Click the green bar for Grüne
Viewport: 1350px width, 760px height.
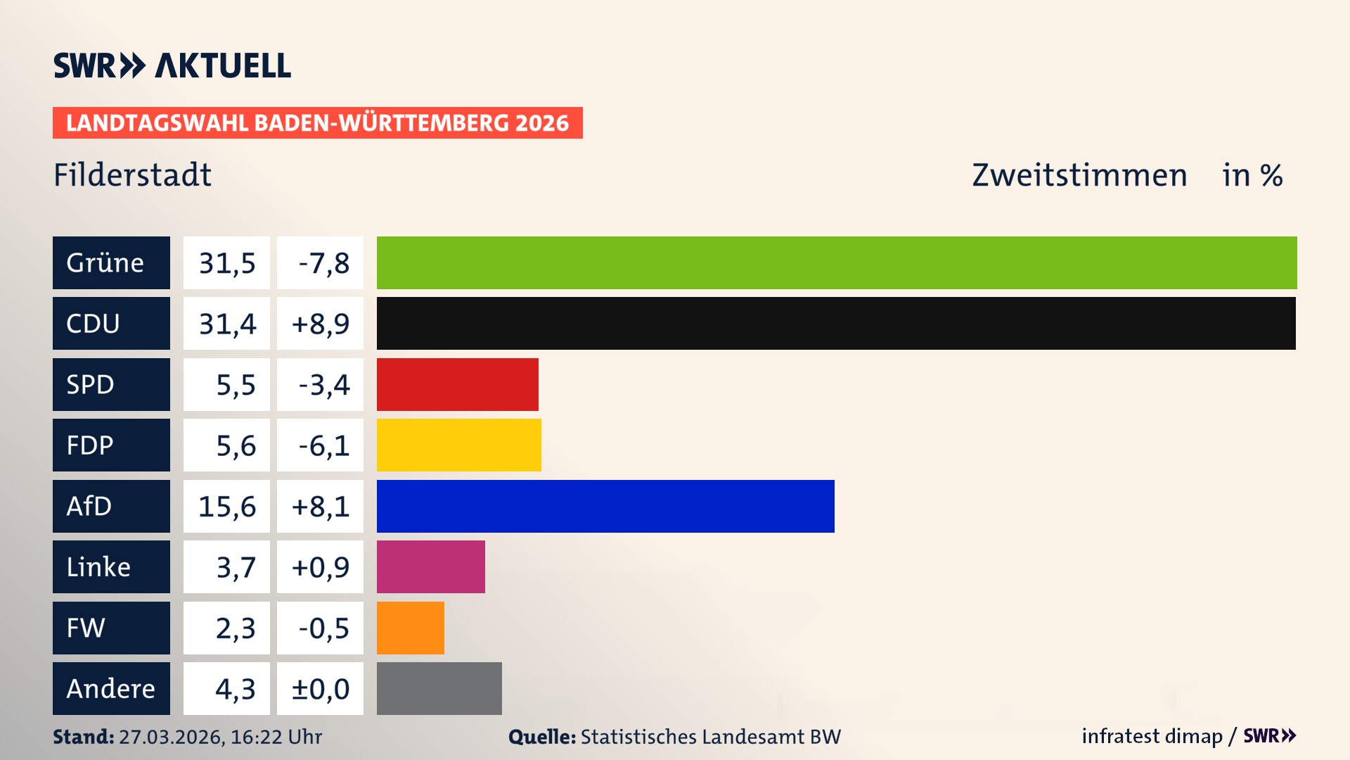[837, 262]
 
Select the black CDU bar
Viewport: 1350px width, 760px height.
[836, 323]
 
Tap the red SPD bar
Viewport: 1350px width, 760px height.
[457, 384]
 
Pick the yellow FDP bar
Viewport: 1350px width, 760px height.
[458, 445]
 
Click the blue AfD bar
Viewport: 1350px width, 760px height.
[605, 506]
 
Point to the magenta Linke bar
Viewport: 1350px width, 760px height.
[430, 566]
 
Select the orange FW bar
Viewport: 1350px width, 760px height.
[410, 628]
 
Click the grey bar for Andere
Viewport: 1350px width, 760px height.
[439, 688]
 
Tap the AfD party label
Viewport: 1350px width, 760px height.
[111, 506]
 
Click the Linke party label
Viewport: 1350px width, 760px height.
[111, 566]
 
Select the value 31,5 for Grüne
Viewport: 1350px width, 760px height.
[226, 262]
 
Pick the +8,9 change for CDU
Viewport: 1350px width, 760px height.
[320, 323]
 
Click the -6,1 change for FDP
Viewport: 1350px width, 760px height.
[320, 445]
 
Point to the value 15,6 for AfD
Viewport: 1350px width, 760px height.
[226, 506]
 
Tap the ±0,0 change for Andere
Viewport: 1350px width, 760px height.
[320, 688]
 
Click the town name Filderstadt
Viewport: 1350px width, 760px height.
[132, 175]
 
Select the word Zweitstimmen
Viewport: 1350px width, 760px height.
[1079, 175]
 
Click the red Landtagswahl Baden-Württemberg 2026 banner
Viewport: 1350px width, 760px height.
[317, 122]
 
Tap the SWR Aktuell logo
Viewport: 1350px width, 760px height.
[172, 65]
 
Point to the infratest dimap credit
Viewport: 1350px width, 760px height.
[1152, 736]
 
